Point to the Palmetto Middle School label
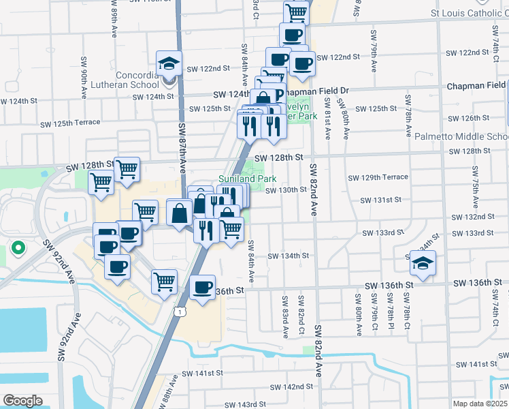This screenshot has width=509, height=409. point(461,136)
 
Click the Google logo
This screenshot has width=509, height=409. point(22,400)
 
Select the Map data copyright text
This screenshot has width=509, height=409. point(480,404)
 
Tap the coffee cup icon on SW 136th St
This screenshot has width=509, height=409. point(202,288)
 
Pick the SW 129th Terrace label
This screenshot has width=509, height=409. point(378,177)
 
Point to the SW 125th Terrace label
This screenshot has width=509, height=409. point(66,123)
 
